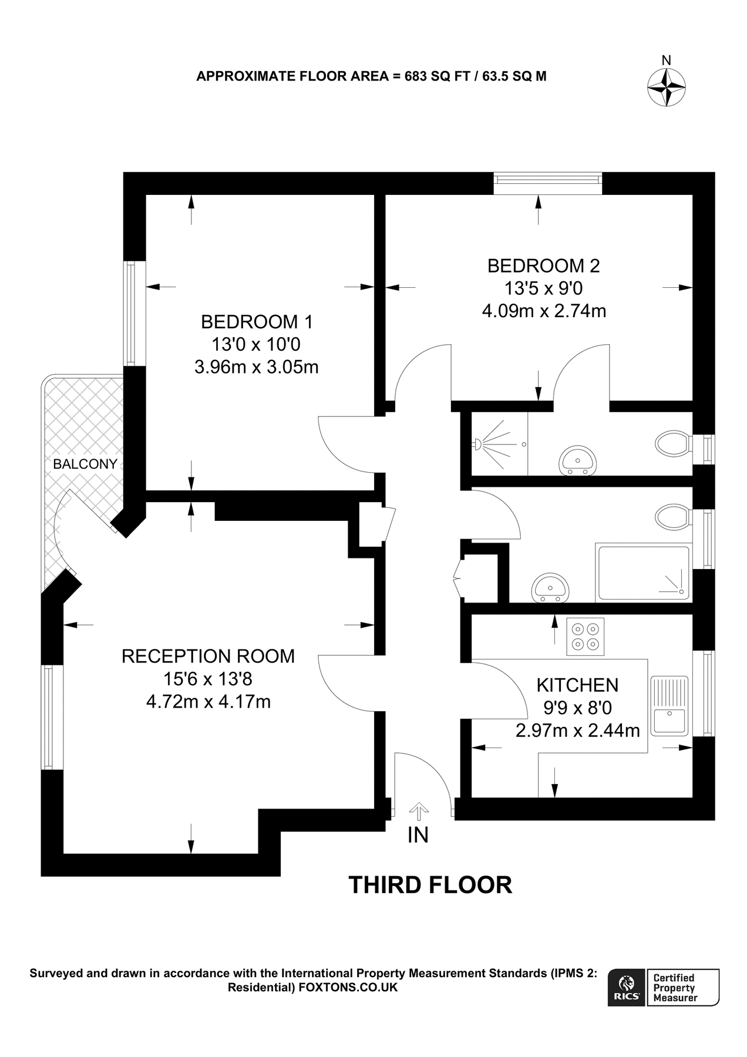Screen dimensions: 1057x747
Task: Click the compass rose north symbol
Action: (x=667, y=87)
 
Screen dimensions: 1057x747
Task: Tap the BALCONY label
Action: (x=85, y=464)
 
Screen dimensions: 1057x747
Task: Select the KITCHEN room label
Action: (x=577, y=685)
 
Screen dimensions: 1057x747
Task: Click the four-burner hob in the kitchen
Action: (x=585, y=637)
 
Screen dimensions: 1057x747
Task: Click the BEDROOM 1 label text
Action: (x=257, y=322)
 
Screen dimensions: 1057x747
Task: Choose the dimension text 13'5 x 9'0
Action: (x=543, y=288)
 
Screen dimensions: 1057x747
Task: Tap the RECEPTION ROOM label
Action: (x=208, y=656)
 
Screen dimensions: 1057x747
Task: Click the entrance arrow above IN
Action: (x=418, y=811)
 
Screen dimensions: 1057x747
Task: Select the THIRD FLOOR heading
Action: (x=430, y=884)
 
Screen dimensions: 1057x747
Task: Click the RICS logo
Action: (x=627, y=988)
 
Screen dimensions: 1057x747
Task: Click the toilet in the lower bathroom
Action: (x=672, y=517)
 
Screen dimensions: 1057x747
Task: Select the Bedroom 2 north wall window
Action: (x=547, y=183)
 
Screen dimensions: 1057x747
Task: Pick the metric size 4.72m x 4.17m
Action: (x=208, y=702)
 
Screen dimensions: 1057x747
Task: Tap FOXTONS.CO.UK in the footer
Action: (x=348, y=988)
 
